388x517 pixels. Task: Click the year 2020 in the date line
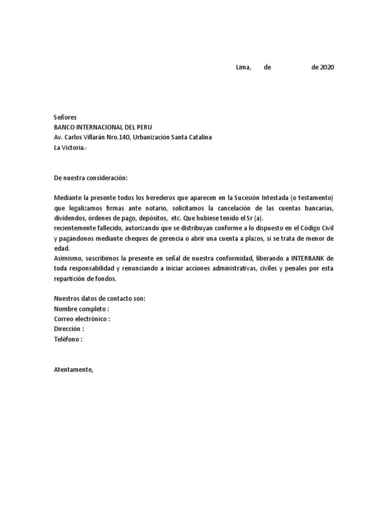point(326,67)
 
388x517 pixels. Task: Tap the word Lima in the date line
point(244,67)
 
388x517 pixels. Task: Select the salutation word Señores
point(65,117)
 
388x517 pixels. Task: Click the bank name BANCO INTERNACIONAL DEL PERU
point(103,127)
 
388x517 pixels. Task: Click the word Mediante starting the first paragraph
point(68,197)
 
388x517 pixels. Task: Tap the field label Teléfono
point(67,339)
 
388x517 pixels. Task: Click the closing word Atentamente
point(74,370)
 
